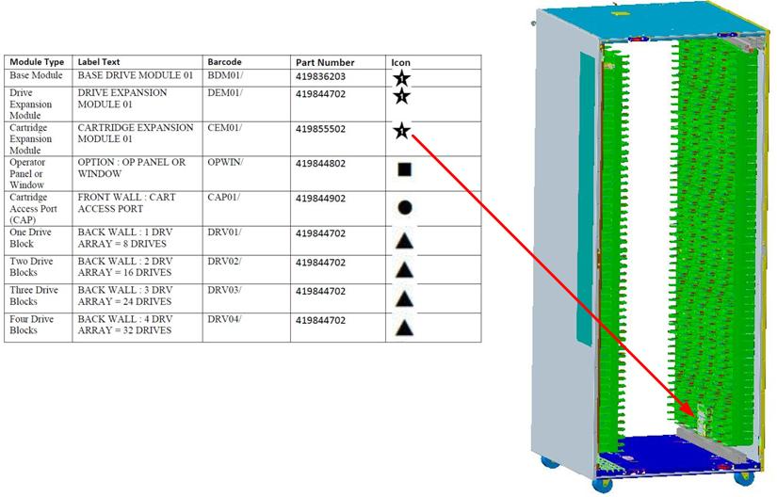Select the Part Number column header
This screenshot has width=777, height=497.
point(324,63)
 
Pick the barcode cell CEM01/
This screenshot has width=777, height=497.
point(224,129)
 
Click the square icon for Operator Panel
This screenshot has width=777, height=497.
point(403,170)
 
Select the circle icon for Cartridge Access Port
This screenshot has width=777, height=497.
point(403,207)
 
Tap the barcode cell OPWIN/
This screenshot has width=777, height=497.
point(226,163)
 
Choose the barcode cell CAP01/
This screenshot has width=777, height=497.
point(224,199)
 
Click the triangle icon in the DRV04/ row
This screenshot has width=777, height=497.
point(403,328)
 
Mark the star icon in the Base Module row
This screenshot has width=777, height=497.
point(402,77)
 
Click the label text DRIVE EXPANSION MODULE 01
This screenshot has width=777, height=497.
point(121,99)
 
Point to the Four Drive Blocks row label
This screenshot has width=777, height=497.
point(32,325)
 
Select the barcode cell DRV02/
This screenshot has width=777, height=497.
point(224,261)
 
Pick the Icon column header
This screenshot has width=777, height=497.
point(401,63)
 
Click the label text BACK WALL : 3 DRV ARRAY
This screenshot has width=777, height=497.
point(124,295)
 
